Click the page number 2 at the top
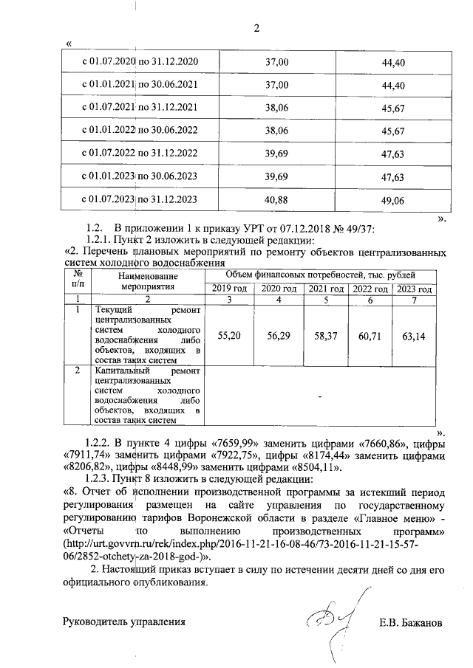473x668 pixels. pos(257,29)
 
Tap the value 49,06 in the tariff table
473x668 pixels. pos(394,200)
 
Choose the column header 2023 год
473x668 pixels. pos(415,289)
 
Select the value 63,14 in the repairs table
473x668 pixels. pos(415,335)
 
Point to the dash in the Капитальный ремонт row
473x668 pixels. pos(320,397)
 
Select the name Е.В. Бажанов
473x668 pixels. pos(409,622)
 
